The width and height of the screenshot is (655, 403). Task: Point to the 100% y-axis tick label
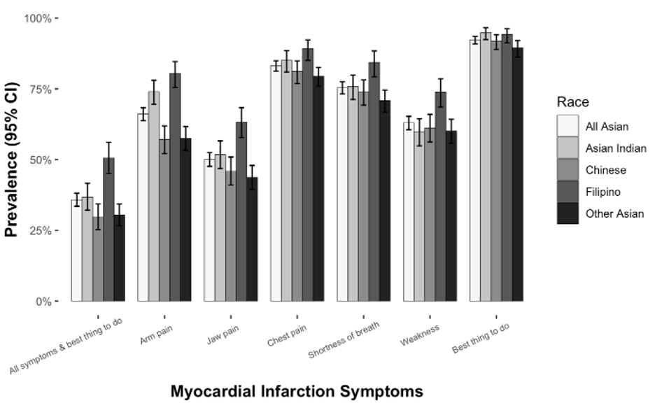[39, 17]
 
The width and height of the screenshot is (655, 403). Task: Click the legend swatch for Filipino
[568, 190]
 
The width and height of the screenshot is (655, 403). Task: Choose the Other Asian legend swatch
[568, 212]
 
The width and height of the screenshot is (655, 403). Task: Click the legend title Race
[572, 103]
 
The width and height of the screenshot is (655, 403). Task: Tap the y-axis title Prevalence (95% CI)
[12, 160]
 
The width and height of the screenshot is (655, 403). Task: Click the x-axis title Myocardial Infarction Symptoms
[297, 391]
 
